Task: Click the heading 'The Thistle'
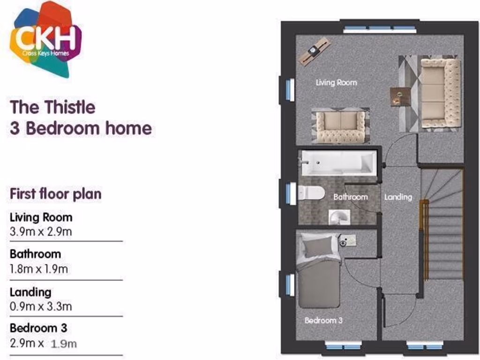point(52,107)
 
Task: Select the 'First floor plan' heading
point(55,194)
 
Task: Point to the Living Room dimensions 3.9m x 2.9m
point(41,231)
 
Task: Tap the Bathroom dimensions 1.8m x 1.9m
point(38,269)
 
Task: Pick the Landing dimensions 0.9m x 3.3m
point(41,307)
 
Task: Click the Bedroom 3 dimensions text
point(43,343)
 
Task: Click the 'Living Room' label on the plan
point(336,82)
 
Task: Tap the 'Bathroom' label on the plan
point(350,197)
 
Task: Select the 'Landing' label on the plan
point(398,197)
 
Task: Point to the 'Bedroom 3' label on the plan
point(323,321)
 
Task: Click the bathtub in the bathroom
point(337,163)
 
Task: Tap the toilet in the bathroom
point(311,193)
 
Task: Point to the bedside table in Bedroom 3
point(347,240)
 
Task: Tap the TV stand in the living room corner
point(315,51)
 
